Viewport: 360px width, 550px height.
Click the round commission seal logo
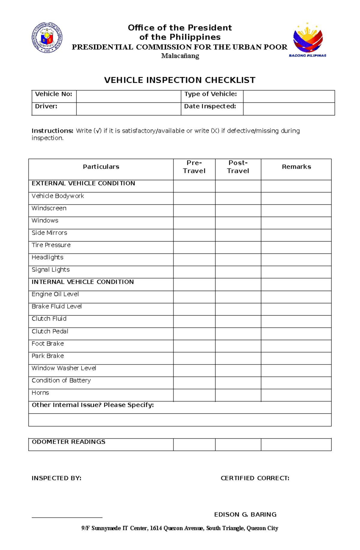[47, 38]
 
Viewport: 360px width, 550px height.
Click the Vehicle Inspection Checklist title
[180, 80]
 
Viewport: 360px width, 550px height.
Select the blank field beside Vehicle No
[128, 97]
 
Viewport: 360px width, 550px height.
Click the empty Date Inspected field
[289, 109]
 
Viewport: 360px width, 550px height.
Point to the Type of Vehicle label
[211, 94]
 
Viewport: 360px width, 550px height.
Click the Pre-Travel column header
[194, 167]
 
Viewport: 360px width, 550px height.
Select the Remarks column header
[296, 167]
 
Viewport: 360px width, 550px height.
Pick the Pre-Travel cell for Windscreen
[194, 211]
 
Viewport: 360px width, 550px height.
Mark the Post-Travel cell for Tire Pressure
[238, 248]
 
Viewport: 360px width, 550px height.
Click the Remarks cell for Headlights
[296, 260]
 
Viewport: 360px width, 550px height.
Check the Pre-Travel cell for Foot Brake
[194, 346]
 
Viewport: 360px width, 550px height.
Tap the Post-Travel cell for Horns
[238, 395]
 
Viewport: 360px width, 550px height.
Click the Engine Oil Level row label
[55, 294]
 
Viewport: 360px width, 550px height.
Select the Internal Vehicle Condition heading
[83, 282]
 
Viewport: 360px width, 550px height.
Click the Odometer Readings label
[68, 442]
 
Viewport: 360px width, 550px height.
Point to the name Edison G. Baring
[245, 515]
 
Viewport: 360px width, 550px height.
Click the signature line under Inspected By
[67, 517]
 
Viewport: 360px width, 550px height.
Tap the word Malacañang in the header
[180, 56]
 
